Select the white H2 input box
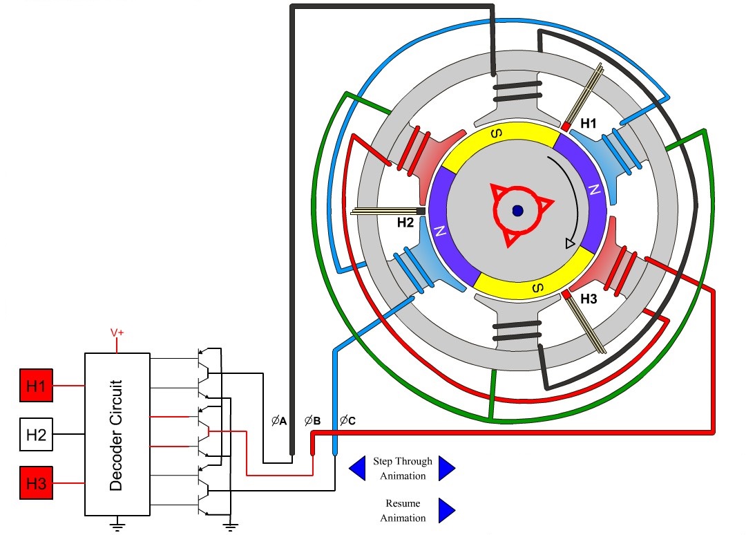coord(36,435)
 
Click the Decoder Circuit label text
coord(116,435)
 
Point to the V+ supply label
coord(117,333)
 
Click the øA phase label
coord(279,420)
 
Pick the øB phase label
coord(312,420)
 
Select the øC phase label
coord(347,420)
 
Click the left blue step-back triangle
coord(357,468)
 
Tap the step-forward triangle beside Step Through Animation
coord(446,468)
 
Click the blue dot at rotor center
coord(517,211)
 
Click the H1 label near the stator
coord(589,124)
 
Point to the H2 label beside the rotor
coord(405,223)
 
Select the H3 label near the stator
coord(589,299)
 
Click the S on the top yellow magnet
coord(495,134)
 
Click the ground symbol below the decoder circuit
coord(118,525)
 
